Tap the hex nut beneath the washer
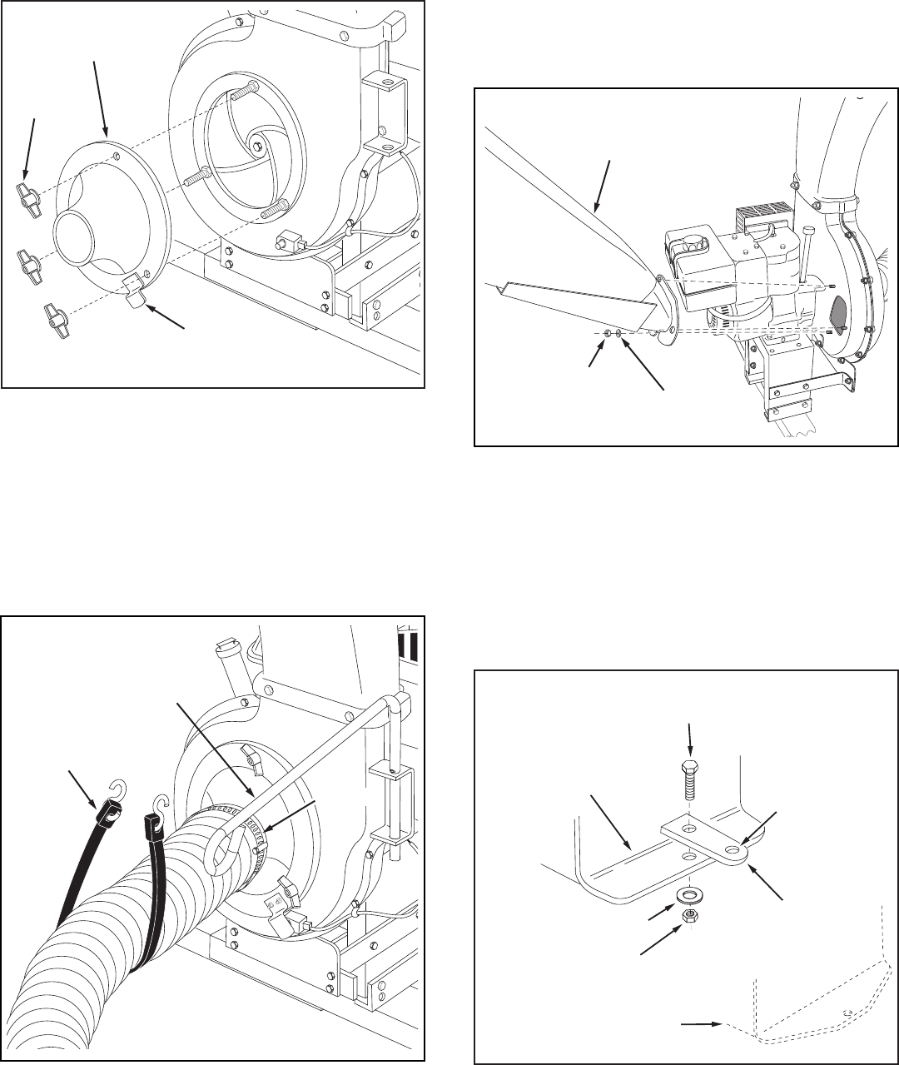[x=691, y=914]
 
